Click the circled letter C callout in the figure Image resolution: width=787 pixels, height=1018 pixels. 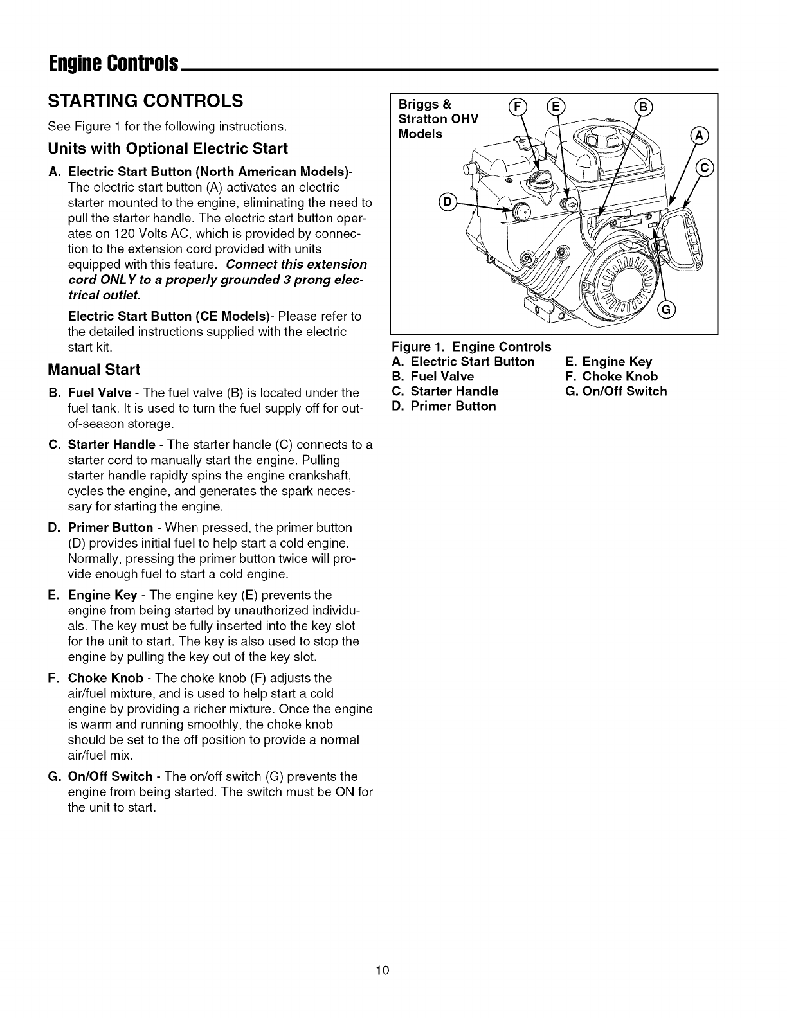707,168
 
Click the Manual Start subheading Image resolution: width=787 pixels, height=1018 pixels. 94,370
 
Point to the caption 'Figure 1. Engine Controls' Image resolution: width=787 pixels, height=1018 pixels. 472,347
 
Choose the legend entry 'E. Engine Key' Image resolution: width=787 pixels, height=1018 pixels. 608,362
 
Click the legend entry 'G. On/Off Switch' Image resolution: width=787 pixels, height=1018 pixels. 616,391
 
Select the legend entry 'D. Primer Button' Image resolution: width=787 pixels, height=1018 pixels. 444,406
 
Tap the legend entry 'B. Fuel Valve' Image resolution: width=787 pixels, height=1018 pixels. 433,377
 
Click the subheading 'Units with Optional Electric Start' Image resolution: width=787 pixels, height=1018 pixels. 168,148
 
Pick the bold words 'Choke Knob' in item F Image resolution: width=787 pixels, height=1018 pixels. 105,678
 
